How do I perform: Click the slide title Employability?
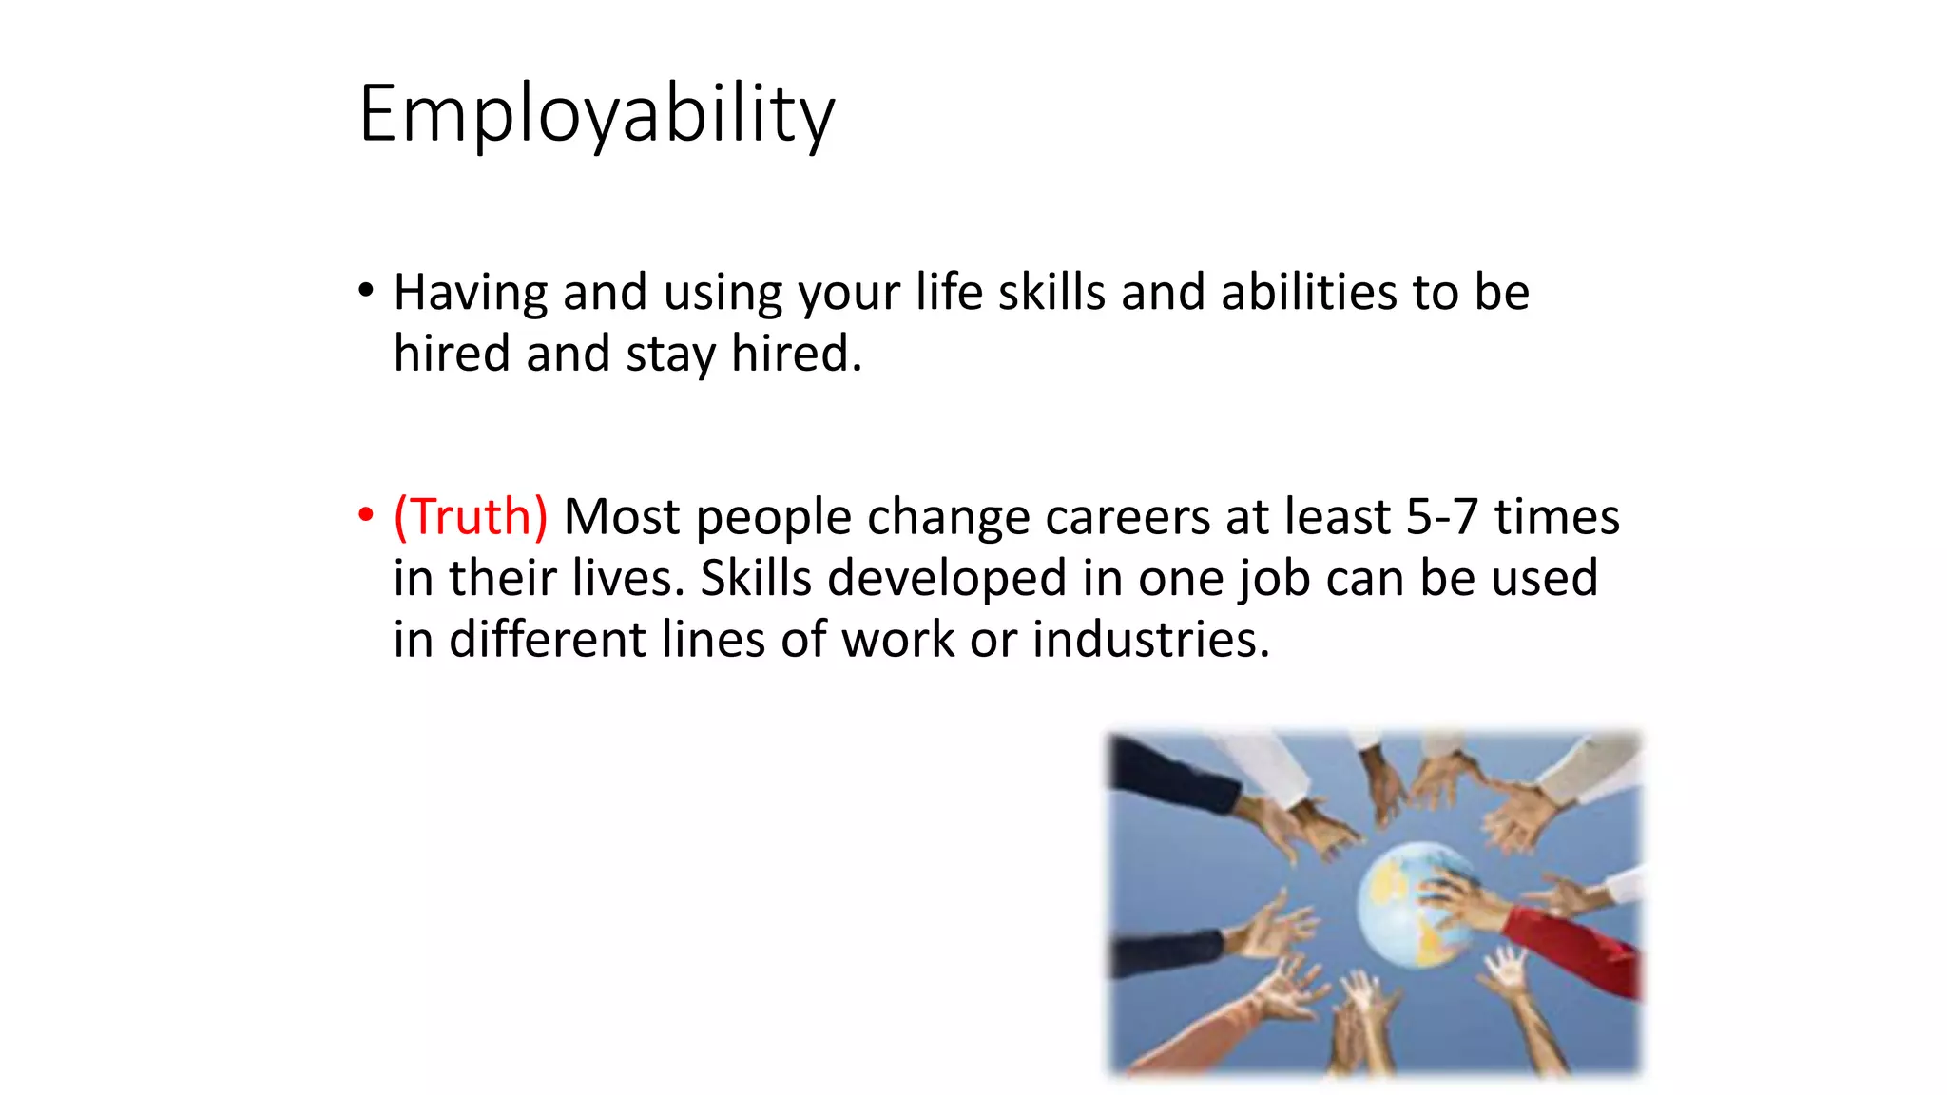(x=596, y=114)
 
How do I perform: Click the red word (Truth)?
(x=471, y=517)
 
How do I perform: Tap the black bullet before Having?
(x=366, y=290)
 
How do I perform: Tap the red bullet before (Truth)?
(x=366, y=515)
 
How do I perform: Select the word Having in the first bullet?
(x=470, y=293)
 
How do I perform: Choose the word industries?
(x=1150, y=640)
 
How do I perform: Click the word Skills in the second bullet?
(x=756, y=578)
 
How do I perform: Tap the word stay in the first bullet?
(x=669, y=355)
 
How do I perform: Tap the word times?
(x=1556, y=517)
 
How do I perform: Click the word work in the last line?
(x=896, y=640)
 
